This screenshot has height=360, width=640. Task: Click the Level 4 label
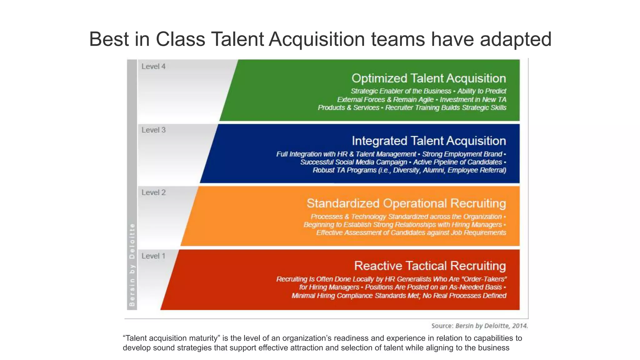coord(153,67)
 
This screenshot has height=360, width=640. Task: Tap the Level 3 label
coord(153,130)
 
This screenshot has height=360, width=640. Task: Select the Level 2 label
coord(153,192)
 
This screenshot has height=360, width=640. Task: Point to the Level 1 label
coord(153,256)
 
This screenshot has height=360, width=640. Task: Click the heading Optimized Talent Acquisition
coord(428,78)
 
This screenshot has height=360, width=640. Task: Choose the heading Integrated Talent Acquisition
coord(429,141)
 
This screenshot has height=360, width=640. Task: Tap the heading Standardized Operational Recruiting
coord(406,203)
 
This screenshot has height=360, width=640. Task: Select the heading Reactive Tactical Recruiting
coord(430,266)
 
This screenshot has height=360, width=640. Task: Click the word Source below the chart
coord(442,326)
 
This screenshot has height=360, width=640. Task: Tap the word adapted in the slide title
coord(516,39)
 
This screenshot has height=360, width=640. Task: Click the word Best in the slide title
coord(109,39)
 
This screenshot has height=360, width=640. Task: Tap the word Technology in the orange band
coord(369,217)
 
